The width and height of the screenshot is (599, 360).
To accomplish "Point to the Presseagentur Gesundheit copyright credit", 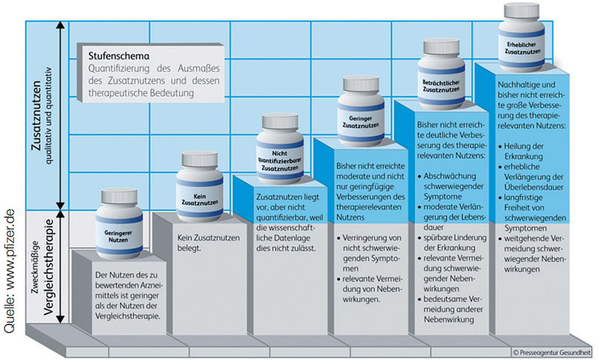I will pyautogui.click(x=552, y=350).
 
